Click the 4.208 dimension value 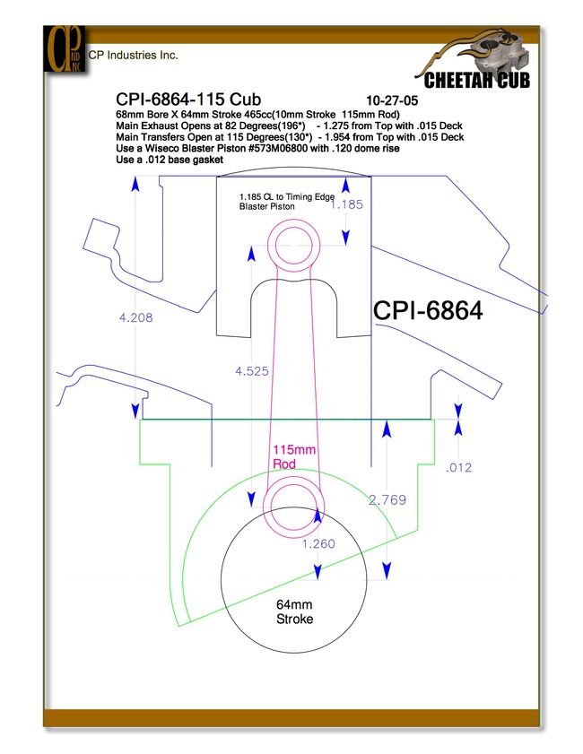coord(135,317)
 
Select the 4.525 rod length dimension coord(251,371)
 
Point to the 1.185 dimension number coord(346,204)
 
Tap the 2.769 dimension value coord(387,500)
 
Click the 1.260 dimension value coord(318,543)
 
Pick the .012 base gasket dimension coord(458,467)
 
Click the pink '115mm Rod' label coord(294,457)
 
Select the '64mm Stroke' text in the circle coord(294,611)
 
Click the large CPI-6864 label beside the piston coord(428,310)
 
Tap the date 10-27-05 coord(392,100)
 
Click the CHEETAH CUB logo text coord(476,80)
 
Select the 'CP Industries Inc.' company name coord(134,56)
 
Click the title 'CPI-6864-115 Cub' coord(188,99)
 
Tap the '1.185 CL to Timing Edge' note coord(287,196)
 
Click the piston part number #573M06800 coord(278,149)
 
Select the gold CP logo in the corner coord(65,49)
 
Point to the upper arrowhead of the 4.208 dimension coord(135,183)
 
